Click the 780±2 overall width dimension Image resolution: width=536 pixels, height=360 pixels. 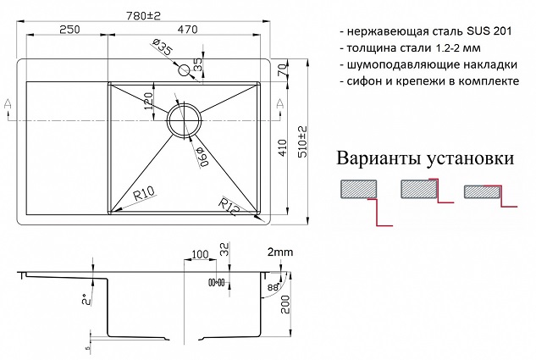[x=143, y=16]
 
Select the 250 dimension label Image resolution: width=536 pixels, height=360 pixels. [x=69, y=30]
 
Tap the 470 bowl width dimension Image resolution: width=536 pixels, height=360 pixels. [x=187, y=30]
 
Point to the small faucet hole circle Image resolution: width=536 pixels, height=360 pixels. [x=184, y=71]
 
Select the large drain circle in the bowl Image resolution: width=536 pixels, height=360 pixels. [x=184, y=120]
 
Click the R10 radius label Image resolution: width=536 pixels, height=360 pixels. [x=144, y=195]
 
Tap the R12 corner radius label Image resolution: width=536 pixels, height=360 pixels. [x=229, y=207]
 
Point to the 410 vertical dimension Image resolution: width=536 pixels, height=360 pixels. [x=283, y=147]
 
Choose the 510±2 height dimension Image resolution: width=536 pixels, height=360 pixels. [x=302, y=141]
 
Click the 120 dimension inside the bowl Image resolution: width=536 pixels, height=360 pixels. [x=149, y=101]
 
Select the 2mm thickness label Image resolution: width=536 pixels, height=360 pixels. [x=280, y=252]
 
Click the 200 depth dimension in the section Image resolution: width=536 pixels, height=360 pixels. [x=285, y=305]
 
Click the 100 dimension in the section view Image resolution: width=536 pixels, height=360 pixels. [x=200, y=254]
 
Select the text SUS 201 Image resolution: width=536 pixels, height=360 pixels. [x=489, y=31]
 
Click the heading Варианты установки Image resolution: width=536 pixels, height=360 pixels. [x=425, y=158]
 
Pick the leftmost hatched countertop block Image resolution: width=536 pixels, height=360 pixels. [x=358, y=189]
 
